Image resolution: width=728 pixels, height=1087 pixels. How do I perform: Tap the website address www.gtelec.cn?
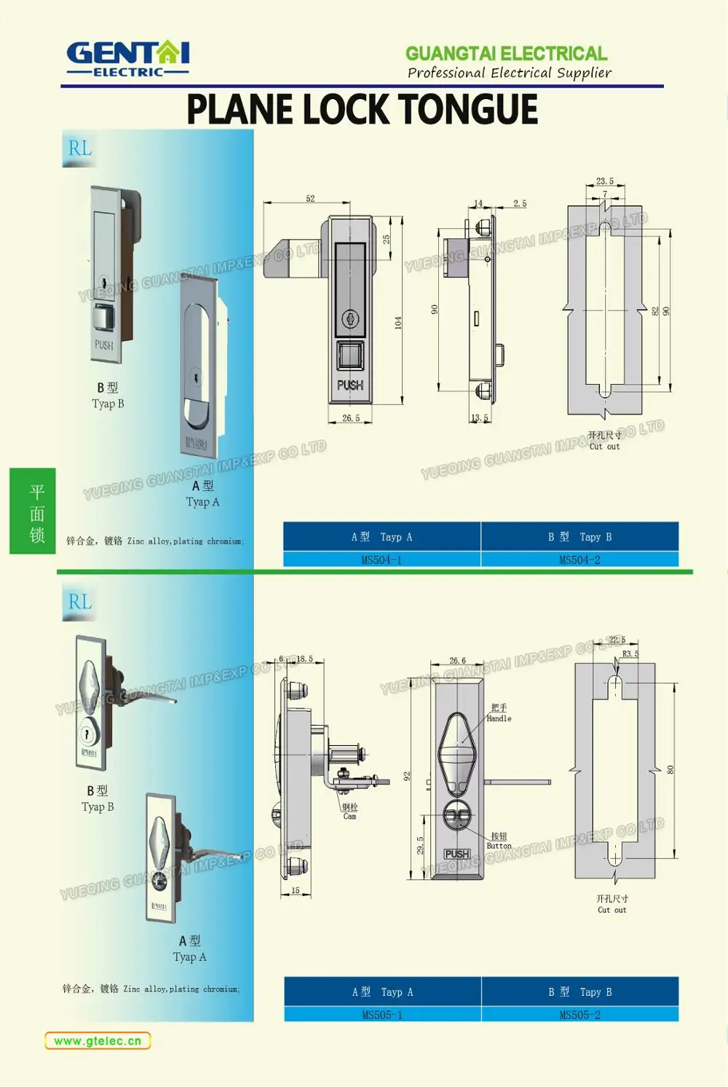point(98,1040)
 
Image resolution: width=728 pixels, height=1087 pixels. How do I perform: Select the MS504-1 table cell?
point(381,560)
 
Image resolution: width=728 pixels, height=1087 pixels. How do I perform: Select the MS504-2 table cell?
point(579,560)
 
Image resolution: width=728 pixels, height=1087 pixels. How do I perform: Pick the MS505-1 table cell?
point(382,1014)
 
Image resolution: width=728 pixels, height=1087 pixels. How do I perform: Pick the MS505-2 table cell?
point(579,1014)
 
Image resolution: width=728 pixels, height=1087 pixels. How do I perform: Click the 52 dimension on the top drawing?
point(310,198)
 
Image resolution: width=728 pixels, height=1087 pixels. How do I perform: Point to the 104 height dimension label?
point(398,322)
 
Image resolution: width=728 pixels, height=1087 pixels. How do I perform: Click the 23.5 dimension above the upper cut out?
point(604,181)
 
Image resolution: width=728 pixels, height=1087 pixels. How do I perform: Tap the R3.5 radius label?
point(630,654)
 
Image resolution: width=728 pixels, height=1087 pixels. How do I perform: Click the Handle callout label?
point(499,713)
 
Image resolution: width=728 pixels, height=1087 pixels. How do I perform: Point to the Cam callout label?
point(350,812)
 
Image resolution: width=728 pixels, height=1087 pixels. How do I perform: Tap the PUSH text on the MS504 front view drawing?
point(350,385)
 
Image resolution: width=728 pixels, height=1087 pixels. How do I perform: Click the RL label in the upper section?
point(80,149)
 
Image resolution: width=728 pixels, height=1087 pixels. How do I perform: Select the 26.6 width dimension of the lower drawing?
point(457,661)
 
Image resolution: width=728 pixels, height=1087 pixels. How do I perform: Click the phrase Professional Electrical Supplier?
point(509,73)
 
